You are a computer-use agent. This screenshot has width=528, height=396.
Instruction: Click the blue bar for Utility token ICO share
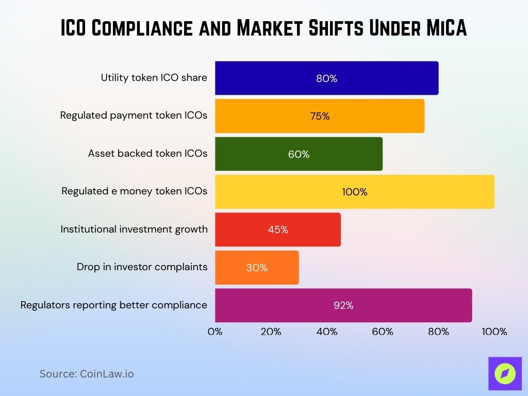coord(326,78)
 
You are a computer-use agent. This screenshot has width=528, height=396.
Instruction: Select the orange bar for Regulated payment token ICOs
coord(320,116)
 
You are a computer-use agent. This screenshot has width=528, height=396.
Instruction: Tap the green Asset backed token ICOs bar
coord(299,154)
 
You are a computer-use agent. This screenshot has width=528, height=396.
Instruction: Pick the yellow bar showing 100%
coord(354,192)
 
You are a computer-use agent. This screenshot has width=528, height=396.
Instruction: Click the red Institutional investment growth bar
coord(277,229)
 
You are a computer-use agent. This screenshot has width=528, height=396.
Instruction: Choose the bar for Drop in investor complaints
coord(257,268)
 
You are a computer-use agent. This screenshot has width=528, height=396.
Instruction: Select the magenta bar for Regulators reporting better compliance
coord(343,305)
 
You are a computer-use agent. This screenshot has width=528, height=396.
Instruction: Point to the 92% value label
coord(343,305)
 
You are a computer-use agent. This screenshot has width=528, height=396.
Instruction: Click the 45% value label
coord(278,229)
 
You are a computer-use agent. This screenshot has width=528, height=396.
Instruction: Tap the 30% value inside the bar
coord(257,268)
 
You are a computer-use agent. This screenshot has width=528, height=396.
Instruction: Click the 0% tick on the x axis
coord(215,332)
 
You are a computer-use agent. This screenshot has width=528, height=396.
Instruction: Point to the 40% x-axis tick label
coord(327,332)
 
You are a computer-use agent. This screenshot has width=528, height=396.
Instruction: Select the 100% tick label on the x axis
coord(494,332)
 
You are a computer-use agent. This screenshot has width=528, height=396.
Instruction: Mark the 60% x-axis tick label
coord(383,332)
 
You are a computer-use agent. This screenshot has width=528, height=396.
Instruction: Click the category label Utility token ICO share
coord(154,78)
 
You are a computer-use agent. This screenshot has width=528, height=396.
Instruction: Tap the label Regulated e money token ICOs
coord(134,191)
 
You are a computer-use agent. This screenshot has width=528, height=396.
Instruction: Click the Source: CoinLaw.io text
coord(87,374)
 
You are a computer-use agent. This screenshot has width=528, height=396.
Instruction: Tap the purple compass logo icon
coord(505,373)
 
